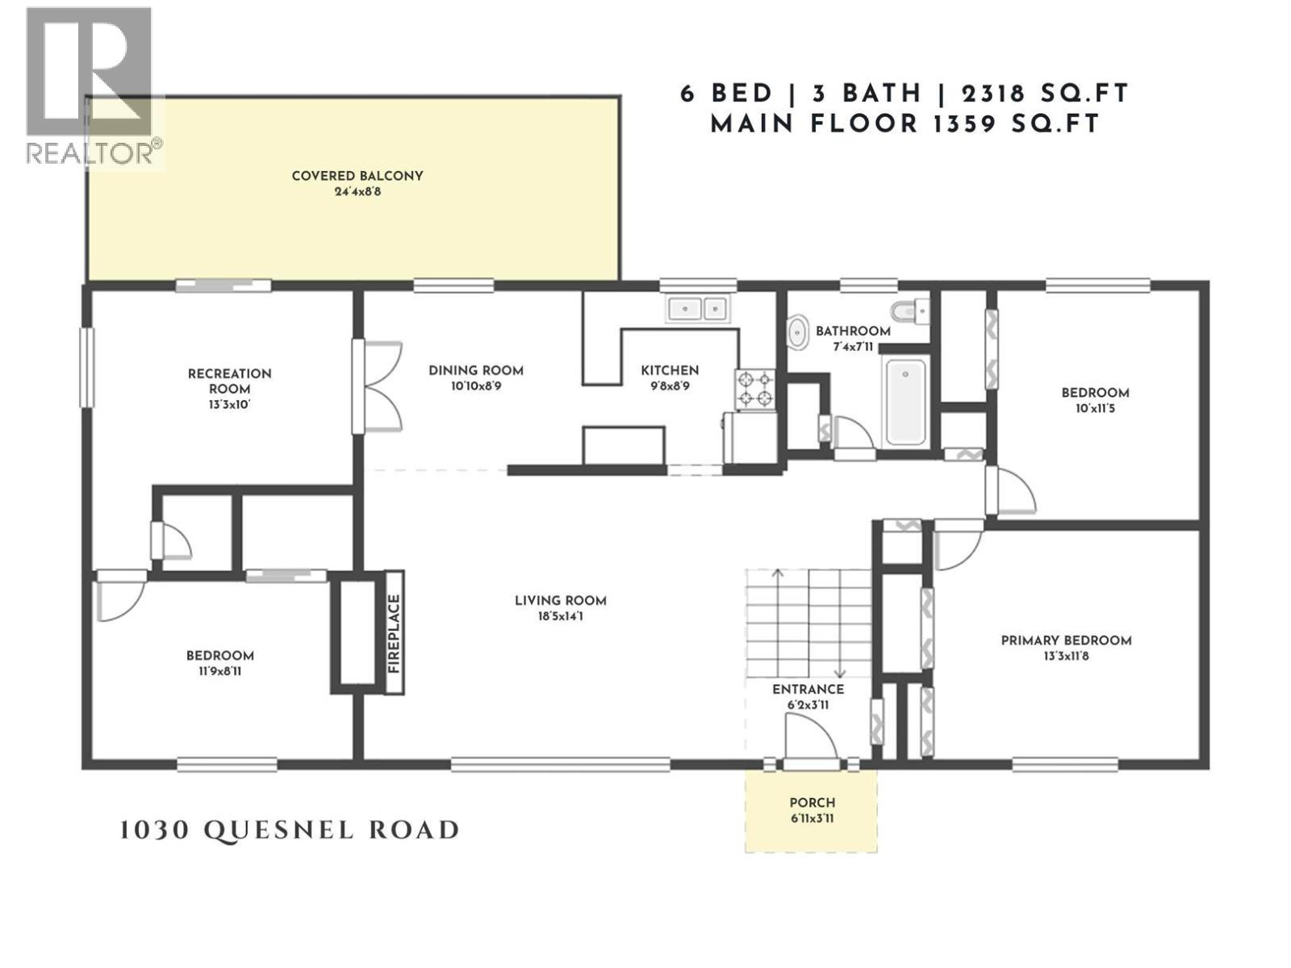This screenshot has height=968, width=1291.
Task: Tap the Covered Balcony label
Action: pos(357,176)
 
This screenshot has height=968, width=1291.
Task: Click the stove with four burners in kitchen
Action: pos(754,389)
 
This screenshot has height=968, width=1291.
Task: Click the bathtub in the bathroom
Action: pos(905,402)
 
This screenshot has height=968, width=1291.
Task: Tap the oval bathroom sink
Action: pos(798,332)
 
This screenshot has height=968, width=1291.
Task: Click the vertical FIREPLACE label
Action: pos(394,633)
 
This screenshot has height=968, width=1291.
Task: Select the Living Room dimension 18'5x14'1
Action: pos(560,617)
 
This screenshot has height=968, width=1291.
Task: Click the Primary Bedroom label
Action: pos(1066,640)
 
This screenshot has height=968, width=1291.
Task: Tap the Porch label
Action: pos(812,803)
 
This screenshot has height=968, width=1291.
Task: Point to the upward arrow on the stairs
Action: pos(778,574)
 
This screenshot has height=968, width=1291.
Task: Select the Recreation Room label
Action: pos(229,381)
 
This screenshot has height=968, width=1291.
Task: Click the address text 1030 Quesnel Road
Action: pos(290,830)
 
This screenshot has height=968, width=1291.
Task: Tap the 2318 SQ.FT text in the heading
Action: pos(1045,94)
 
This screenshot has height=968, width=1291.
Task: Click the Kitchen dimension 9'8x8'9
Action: pos(670,386)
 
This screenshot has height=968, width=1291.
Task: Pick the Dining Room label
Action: pos(475,371)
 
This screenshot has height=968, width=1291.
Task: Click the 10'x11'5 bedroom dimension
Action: pos(1095,409)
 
